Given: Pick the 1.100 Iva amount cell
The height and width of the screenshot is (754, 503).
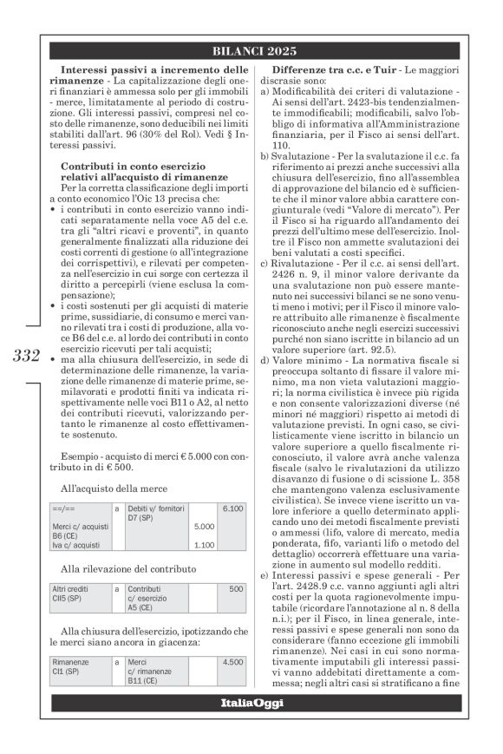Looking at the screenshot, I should pyautogui.click(x=204, y=545).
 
